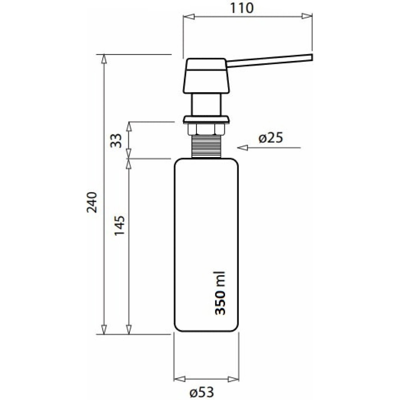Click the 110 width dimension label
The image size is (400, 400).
242,8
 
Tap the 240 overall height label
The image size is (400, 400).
92,202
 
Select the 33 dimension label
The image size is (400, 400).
116,141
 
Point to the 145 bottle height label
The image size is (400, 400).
120,226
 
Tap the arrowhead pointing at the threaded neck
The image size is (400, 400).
242,148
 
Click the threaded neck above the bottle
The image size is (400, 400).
206,146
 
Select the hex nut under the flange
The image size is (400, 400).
206,129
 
